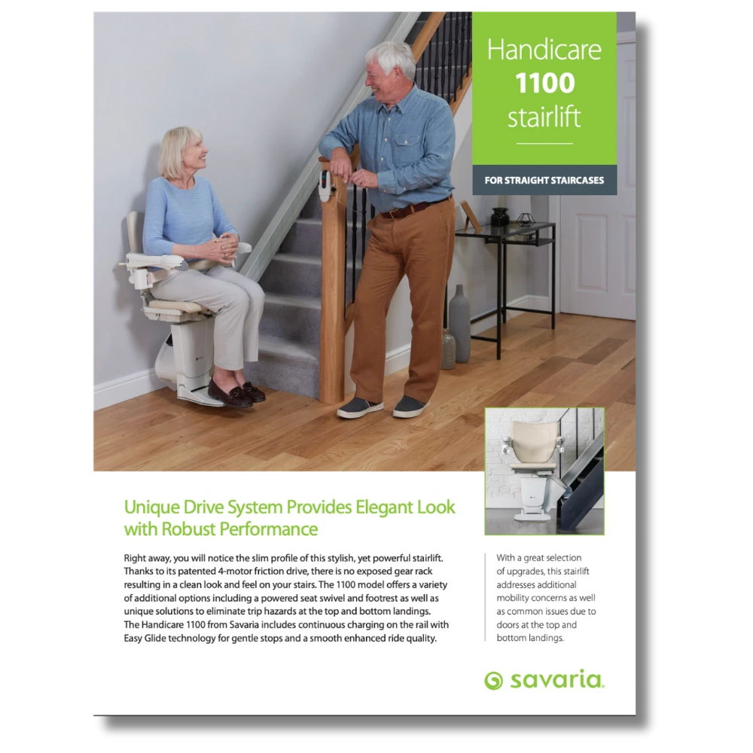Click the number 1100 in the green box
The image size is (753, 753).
545,83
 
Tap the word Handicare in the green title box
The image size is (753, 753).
544,50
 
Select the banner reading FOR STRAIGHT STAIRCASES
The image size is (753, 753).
544,180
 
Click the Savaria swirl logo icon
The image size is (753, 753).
494,681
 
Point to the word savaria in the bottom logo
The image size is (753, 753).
556,679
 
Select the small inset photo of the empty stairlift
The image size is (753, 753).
544,471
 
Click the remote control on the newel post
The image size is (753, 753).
326,186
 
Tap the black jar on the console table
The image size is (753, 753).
500,217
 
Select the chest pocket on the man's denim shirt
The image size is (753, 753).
407,149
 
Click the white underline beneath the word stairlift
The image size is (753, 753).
544,143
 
